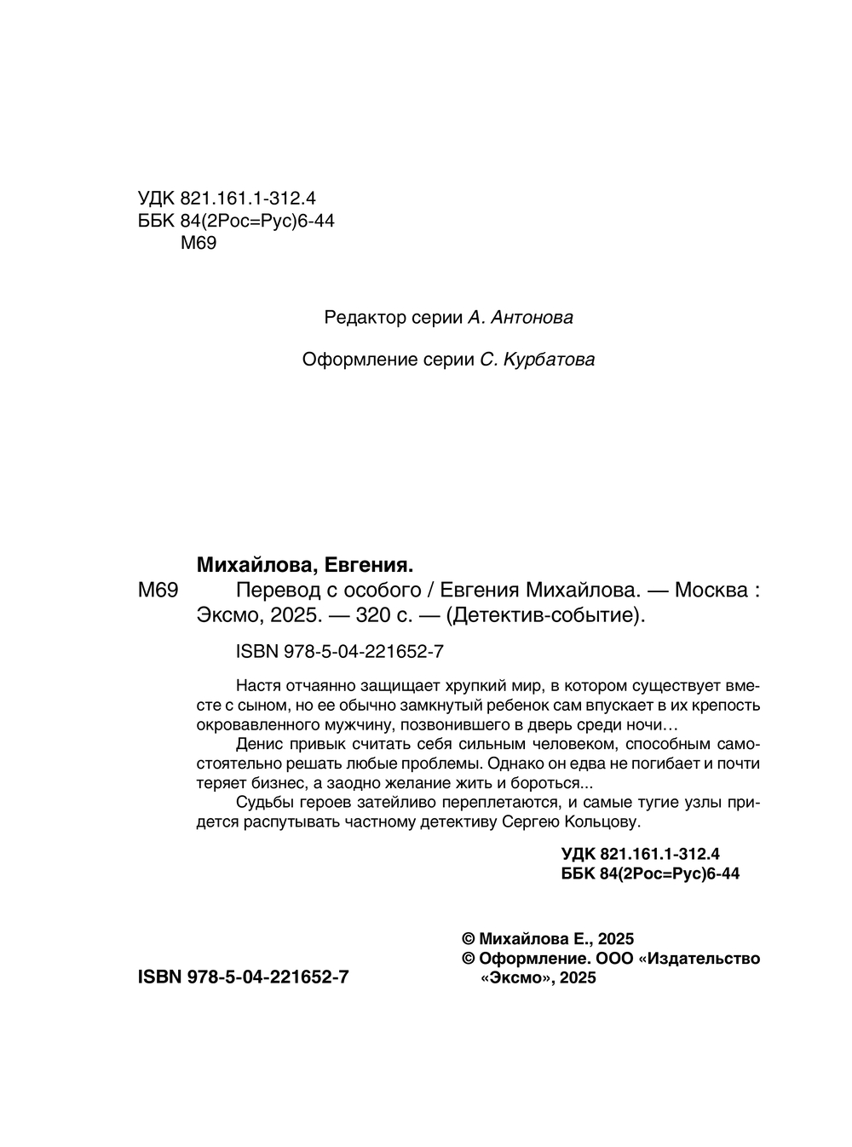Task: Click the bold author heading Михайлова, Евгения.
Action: (x=305, y=565)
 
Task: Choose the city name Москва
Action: (x=711, y=590)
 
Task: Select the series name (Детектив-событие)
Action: (x=545, y=614)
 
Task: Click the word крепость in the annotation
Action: (x=722, y=705)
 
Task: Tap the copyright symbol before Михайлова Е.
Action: (x=468, y=939)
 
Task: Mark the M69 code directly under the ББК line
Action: (x=199, y=244)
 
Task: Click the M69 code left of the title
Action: (x=158, y=590)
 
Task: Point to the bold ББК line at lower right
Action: (x=651, y=873)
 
